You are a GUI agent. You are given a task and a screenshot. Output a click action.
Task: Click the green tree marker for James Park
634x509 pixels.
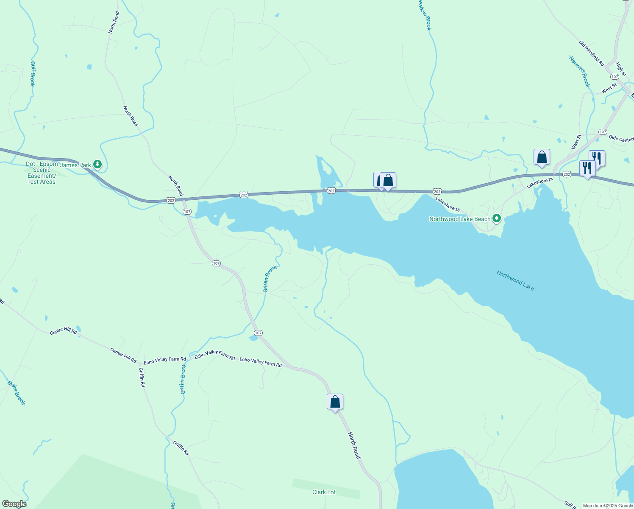tap(97, 164)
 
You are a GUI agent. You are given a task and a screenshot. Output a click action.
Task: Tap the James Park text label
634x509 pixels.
tap(75, 165)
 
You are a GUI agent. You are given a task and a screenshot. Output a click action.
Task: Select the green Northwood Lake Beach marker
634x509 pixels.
tap(497, 219)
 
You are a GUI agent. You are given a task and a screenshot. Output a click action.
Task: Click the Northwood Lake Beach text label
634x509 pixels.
tap(460, 219)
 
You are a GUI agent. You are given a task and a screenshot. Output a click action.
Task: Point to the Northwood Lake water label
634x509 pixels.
tap(515, 280)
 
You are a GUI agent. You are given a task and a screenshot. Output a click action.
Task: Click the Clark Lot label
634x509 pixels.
tap(324, 492)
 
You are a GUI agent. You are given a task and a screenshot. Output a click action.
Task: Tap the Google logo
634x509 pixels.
tap(14, 504)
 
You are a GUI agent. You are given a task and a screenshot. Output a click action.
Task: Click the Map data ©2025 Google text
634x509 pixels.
tap(608, 506)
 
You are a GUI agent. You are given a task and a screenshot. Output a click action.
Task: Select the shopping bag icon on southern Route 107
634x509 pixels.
tap(335, 401)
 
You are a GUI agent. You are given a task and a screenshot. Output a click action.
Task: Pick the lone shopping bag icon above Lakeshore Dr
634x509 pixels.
tap(542, 157)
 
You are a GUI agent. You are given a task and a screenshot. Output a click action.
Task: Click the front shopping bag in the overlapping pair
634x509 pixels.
tap(388, 180)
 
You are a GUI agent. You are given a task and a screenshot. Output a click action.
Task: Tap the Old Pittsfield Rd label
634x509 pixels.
tap(591, 53)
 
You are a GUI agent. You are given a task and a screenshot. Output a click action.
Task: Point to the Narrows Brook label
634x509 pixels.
tap(579, 71)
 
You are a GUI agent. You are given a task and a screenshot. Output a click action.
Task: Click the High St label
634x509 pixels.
tap(620, 69)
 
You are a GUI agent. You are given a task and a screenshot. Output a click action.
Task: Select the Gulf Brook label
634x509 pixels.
tap(33, 74)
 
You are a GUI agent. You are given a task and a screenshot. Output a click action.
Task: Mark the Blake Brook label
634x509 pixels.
tap(17, 393)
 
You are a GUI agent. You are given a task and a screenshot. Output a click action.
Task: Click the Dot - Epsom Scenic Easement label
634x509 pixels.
tap(42, 173)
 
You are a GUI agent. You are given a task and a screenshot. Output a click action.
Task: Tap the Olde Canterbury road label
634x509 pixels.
tap(621, 139)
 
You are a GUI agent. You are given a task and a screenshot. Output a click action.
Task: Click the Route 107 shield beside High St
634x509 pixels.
tap(615, 77)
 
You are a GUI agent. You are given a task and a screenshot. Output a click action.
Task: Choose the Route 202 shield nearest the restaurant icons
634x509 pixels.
tap(567, 174)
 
